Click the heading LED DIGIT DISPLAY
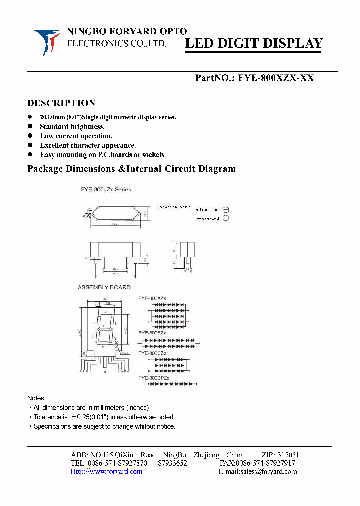click(254, 44)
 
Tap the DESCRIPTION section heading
click(61, 103)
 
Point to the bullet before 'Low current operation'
click(30, 136)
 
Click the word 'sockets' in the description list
click(152, 155)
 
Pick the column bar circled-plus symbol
click(226, 210)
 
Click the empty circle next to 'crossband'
click(226, 218)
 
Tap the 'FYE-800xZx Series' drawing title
click(106, 190)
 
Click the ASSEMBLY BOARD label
click(104, 287)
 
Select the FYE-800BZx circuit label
click(153, 332)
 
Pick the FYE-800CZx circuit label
click(153, 353)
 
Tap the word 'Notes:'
click(36, 398)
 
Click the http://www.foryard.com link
click(107, 471)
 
